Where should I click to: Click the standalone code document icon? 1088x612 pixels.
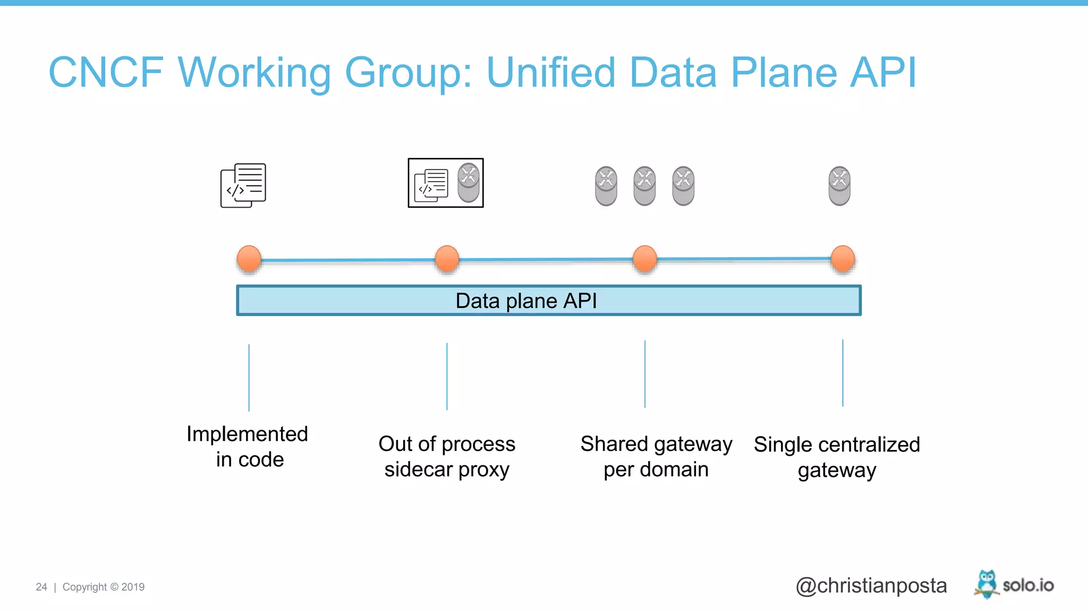(x=243, y=185)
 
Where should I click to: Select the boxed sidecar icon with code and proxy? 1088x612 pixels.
(x=445, y=183)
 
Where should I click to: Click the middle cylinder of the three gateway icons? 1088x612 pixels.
(x=644, y=185)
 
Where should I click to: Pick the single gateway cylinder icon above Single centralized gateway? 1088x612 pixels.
(x=839, y=185)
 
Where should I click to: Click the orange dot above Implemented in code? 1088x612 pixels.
(x=249, y=259)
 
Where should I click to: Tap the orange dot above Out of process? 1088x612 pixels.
(x=447, y=259)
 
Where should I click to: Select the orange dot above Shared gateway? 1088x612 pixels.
(x=645, y=259)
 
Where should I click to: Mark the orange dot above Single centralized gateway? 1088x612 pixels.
(x=843, y=259)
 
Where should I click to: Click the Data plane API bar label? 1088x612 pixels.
(x=526, y=301)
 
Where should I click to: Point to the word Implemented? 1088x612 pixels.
(x=247, y=434)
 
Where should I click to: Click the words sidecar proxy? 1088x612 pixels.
(x=447, y=470)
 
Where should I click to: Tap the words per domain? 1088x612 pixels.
(x=656, y=470)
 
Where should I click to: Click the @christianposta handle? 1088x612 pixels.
(x=871, y=585)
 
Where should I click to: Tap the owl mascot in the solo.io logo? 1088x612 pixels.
(x=987, y=584)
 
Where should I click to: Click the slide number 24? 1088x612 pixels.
(x=41, y=587)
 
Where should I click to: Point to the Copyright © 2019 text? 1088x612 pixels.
(x=104, y=587)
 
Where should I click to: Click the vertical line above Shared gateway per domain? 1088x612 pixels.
(x=645, y=374)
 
